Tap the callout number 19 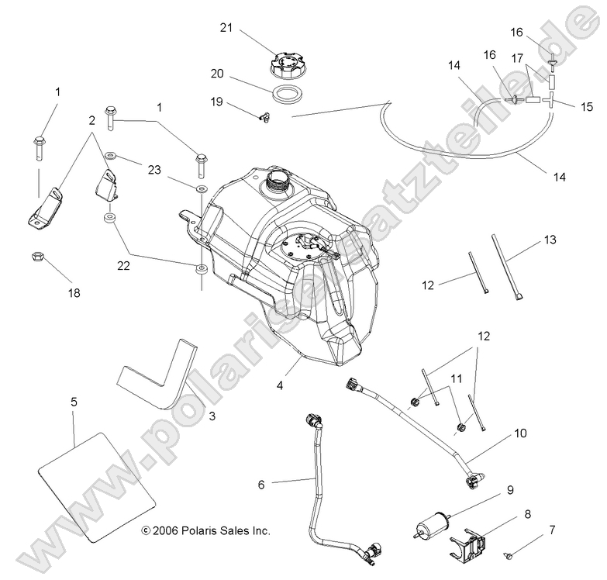(217, 102)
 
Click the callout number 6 (261, 485)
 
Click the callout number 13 (550, 241)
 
